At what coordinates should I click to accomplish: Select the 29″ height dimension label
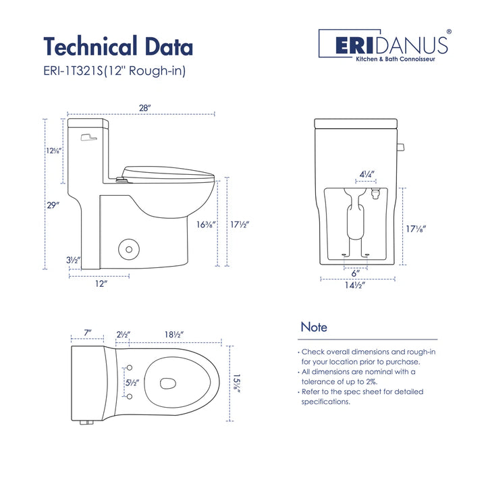53,205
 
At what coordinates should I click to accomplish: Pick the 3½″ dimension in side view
74,260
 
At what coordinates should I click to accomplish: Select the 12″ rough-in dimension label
101,283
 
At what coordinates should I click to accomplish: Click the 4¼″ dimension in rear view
367,174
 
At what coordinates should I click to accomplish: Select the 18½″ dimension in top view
173,334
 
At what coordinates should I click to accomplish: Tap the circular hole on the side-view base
127,249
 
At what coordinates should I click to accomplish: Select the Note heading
314,327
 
